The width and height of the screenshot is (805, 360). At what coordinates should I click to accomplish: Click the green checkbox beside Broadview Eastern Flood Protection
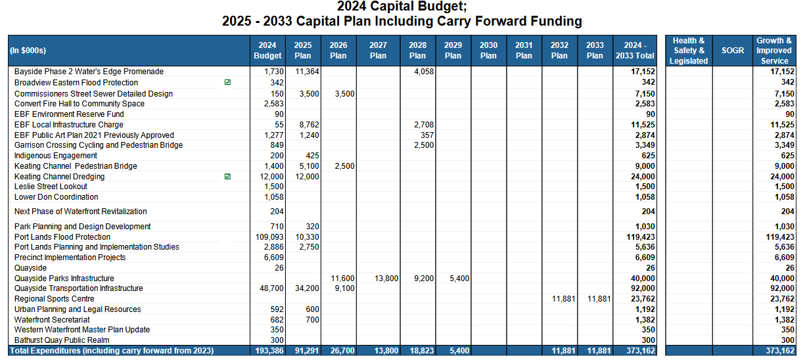(x=227, y=82)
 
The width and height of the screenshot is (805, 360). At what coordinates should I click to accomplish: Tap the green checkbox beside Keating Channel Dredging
(x=227, y=177)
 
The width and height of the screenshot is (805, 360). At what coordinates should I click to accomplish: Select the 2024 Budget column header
(x=267, y=51)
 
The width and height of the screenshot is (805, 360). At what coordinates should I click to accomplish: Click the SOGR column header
(x=733, y=51)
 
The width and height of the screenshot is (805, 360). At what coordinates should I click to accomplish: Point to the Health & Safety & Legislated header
(x=689, y=51)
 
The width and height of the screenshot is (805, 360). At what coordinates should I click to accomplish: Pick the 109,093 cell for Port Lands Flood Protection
(x=269, y=237)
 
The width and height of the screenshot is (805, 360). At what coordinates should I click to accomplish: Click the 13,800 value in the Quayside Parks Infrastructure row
(x=386, y=279)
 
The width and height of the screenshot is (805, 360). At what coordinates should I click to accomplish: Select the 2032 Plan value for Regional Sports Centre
(x=564, y=299)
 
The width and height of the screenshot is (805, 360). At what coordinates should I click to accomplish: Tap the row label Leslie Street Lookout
(x=51, y=187)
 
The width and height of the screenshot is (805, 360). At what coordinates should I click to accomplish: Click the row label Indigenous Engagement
(x=56, y=156)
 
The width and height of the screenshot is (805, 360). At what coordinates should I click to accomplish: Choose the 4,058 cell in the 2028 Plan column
(x=424, y=72)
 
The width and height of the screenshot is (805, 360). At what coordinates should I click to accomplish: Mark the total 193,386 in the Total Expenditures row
(x=269, y=351)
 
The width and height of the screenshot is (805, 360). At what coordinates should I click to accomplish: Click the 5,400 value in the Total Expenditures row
(x=459, y=351)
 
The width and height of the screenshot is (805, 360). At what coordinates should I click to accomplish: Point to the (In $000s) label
(x=28, y=51)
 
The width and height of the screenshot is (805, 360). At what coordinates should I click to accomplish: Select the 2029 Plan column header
(x=453, y=51)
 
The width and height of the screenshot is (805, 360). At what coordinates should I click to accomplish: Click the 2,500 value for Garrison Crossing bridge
(x=424, y=145)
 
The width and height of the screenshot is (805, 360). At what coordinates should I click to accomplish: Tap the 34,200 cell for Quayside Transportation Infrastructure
(x=307, y=288)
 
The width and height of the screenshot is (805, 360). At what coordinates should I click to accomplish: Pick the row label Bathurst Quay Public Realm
(x=62, y=340)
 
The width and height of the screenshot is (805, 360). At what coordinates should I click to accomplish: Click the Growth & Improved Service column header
(x=774, y=51)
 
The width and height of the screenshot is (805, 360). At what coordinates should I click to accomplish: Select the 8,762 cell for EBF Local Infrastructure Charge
(x=309, y=125)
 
